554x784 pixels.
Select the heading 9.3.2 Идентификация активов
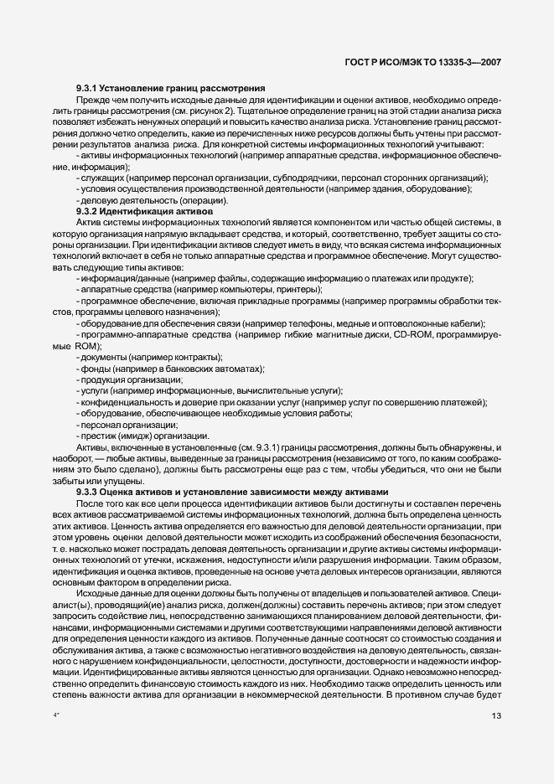pos(144,213)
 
